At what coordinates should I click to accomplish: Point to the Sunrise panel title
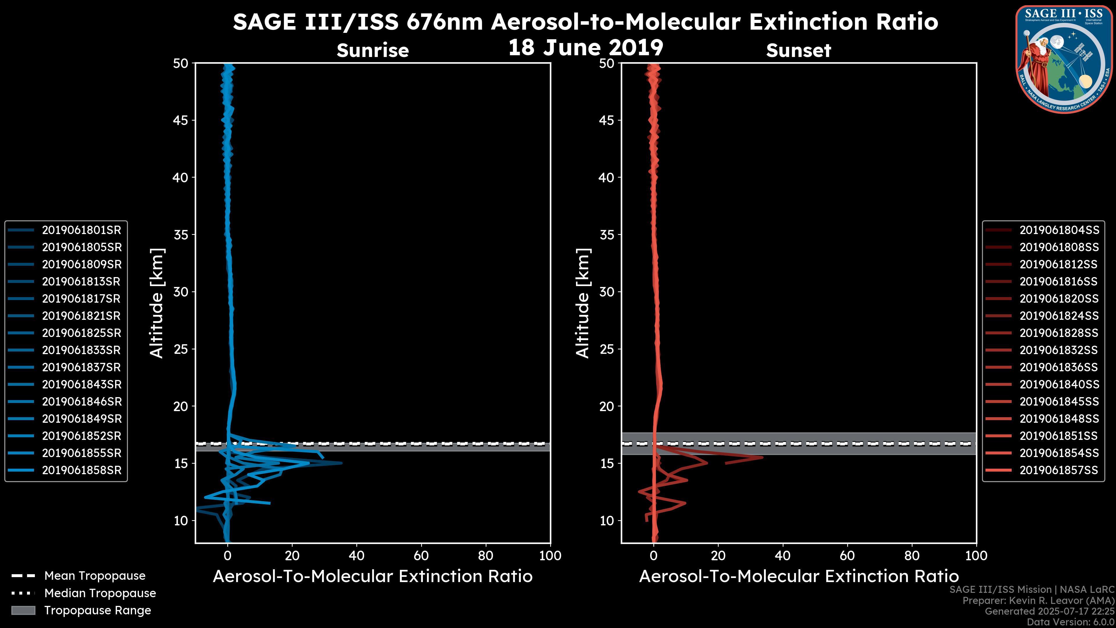point(373,51)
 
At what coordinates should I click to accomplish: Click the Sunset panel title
point(798,51)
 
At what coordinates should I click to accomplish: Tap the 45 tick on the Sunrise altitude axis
point(181,120)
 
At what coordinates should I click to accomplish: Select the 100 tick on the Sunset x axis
point(976,556)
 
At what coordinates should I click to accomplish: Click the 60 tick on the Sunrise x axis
point(421,556)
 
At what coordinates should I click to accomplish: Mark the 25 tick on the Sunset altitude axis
point(607,349)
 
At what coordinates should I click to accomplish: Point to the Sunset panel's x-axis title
point(798,577)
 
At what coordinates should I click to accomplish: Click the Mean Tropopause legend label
point(95,576)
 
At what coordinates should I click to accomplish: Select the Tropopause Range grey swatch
point(23,610)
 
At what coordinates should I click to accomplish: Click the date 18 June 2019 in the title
point(585,48)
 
